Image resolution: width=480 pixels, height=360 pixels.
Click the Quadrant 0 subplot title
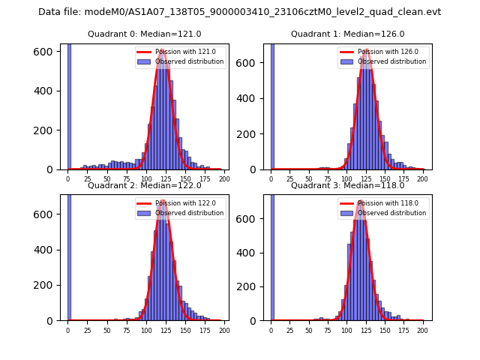tap(145, 34)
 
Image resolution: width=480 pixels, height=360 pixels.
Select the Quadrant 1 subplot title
tap(347, 34)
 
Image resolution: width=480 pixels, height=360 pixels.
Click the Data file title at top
tap(240, 12)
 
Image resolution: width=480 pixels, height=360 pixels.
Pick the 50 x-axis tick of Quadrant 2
tap(106, 330)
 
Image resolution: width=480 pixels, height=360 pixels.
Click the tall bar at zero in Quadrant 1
tap(271, 105)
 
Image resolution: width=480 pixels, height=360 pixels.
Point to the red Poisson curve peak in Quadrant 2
tap(163, 201)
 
